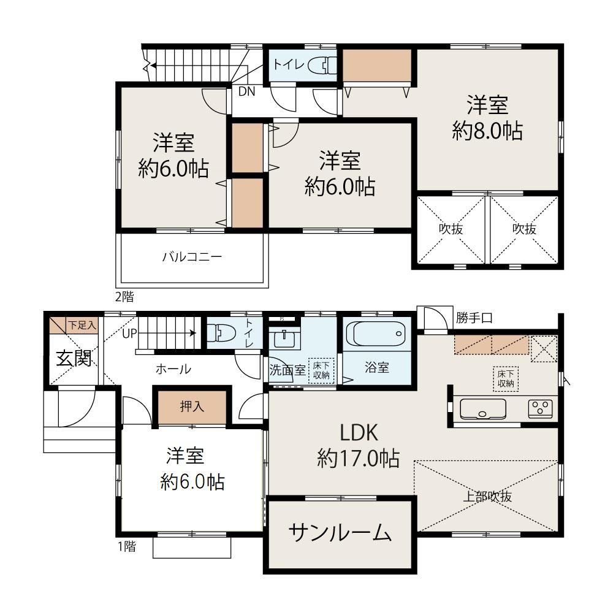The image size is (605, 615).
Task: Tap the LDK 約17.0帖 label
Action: coord(359,446)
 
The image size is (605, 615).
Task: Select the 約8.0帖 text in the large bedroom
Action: coord(487,131)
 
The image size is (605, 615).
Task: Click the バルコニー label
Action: coord(192,257)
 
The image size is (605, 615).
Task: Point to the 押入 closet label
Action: coord(192,407)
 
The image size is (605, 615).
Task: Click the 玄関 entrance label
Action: coord(74,359)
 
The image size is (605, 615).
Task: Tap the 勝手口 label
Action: coord(474,318)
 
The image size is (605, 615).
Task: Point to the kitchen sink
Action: coord(482,408)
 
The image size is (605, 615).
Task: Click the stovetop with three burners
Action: coord(540,408)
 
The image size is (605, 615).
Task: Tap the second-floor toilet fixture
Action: coord(322,64)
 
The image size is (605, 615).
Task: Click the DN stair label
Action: coord(246,92)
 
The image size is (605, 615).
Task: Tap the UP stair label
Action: coord(129,334)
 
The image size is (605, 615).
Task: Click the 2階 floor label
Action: coord(124,297)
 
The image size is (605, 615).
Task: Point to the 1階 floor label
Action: coord(125,545)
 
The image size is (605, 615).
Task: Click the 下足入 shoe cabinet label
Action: coord(82,325)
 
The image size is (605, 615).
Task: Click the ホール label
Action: coord(173,369)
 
